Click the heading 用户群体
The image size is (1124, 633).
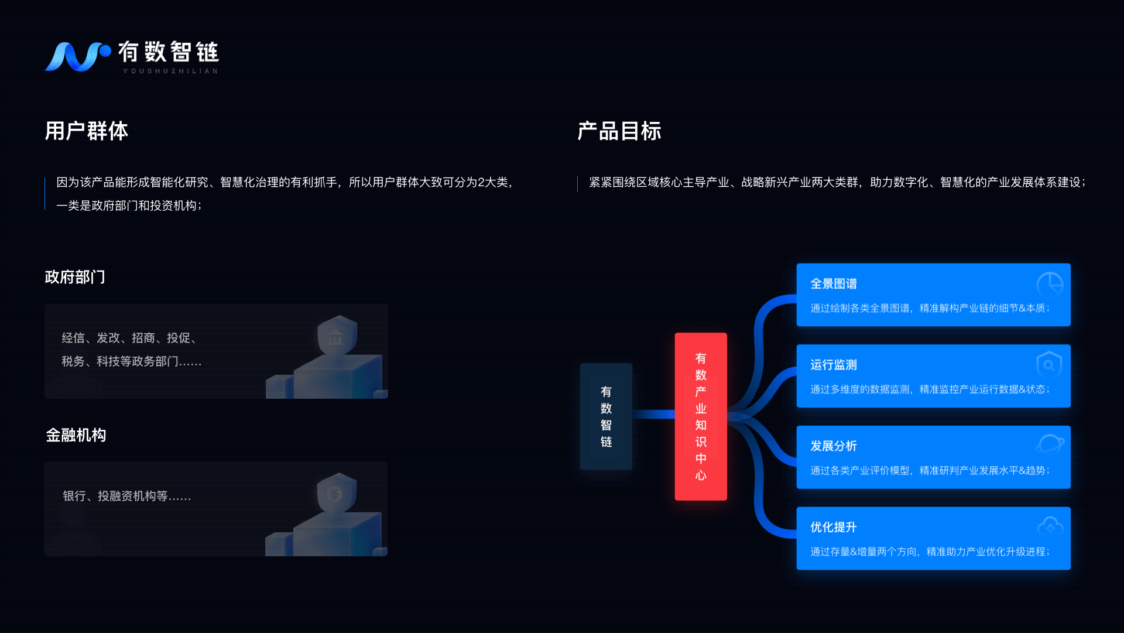point(87,131)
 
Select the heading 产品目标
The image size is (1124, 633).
point(619,131)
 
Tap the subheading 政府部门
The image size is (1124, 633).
point(75,277)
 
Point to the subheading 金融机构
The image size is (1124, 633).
point(76,435)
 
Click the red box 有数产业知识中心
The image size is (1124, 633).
point(701,416)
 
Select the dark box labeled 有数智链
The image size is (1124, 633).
point(606,416)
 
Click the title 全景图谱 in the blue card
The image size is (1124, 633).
point(834,284)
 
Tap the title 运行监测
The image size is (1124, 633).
point(834,365)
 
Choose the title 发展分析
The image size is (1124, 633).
point(834,446)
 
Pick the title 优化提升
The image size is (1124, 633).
point(834,528)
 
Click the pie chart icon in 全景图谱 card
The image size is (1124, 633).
point(1050,284)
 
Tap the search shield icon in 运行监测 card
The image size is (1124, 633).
point(1049,365)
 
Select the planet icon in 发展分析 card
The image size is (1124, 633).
point(1050,444)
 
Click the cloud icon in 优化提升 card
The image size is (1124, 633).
point(1050,526)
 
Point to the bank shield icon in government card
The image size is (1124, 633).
point(337,336)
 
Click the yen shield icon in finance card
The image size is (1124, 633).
point(336,493)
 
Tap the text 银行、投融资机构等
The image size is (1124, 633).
point(126,497)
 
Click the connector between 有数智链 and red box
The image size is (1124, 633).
point(653,415)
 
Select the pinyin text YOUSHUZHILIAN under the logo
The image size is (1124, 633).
point(170,71)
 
